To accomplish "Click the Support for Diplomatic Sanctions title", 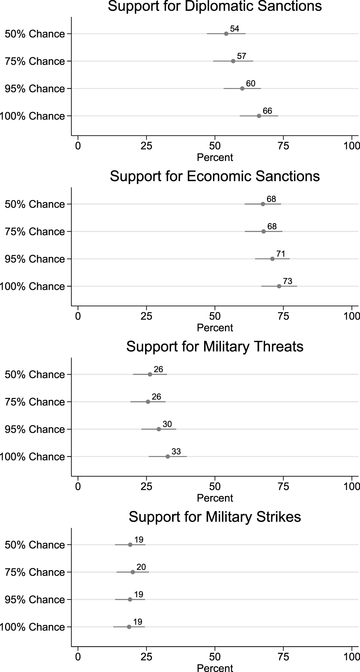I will click(215, 6).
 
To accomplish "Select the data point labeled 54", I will click(226, 34).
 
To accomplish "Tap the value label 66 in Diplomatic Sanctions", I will click(267, 111).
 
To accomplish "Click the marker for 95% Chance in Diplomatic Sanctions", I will click(242, 89).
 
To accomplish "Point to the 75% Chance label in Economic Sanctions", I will click(35, 232).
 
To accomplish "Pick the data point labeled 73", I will click(279, 286).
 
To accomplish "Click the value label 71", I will click(281, 254).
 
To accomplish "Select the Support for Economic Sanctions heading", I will click(215, 176).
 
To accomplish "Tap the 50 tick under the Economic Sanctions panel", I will click(215, 316).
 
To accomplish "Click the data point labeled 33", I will click(168, 457).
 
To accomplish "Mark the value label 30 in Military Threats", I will click(167, 425).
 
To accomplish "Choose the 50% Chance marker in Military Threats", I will click(150, 374).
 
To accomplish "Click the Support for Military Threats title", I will click(215, 347).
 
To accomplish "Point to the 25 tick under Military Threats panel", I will click(147, 486).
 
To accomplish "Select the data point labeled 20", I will click(133, 572).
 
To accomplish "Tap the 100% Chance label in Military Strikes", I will click(32, 627).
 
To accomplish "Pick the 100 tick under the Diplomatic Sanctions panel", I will click(352, 146).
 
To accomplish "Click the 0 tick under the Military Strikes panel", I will click(78, 657).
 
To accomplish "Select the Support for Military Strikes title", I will click(215, 517).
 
